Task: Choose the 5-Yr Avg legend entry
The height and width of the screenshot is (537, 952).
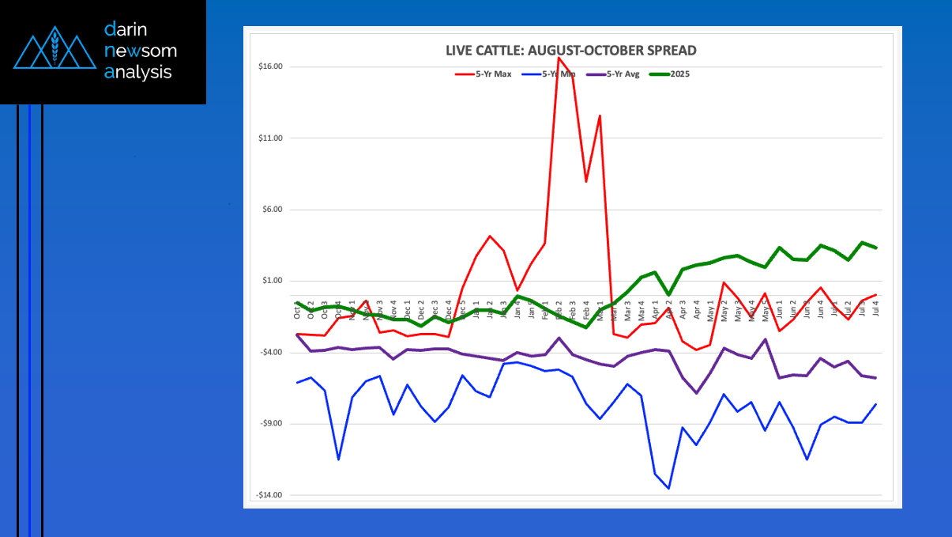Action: [x=616, y=74]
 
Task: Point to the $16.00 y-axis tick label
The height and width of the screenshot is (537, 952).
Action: [x=270, y=66]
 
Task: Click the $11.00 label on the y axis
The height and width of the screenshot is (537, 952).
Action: [x=270, y=138]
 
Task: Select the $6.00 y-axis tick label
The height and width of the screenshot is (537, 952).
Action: [x=272, y=210]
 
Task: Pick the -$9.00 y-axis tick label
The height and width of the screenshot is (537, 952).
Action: [x=271, y=424]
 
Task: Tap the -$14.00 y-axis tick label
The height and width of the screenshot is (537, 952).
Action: [x=269, y=495]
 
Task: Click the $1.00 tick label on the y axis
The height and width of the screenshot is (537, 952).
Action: [x=272, y=281]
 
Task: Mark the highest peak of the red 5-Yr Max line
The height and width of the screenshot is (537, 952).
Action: [x=559, y=58]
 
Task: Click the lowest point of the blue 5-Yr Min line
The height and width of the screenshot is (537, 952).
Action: [x=668, y=489]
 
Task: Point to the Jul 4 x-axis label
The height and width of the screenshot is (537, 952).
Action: [x=875, y=309]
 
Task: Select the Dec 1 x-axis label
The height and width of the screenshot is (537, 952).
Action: [x=408, y=309]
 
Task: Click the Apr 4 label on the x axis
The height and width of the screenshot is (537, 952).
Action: [x=697, y=309]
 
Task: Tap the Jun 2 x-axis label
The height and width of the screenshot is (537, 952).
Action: [x=793, y=309]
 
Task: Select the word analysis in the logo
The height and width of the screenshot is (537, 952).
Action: [x=137, y=73]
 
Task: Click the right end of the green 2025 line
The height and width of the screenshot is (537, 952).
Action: [x=875, y=248]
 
